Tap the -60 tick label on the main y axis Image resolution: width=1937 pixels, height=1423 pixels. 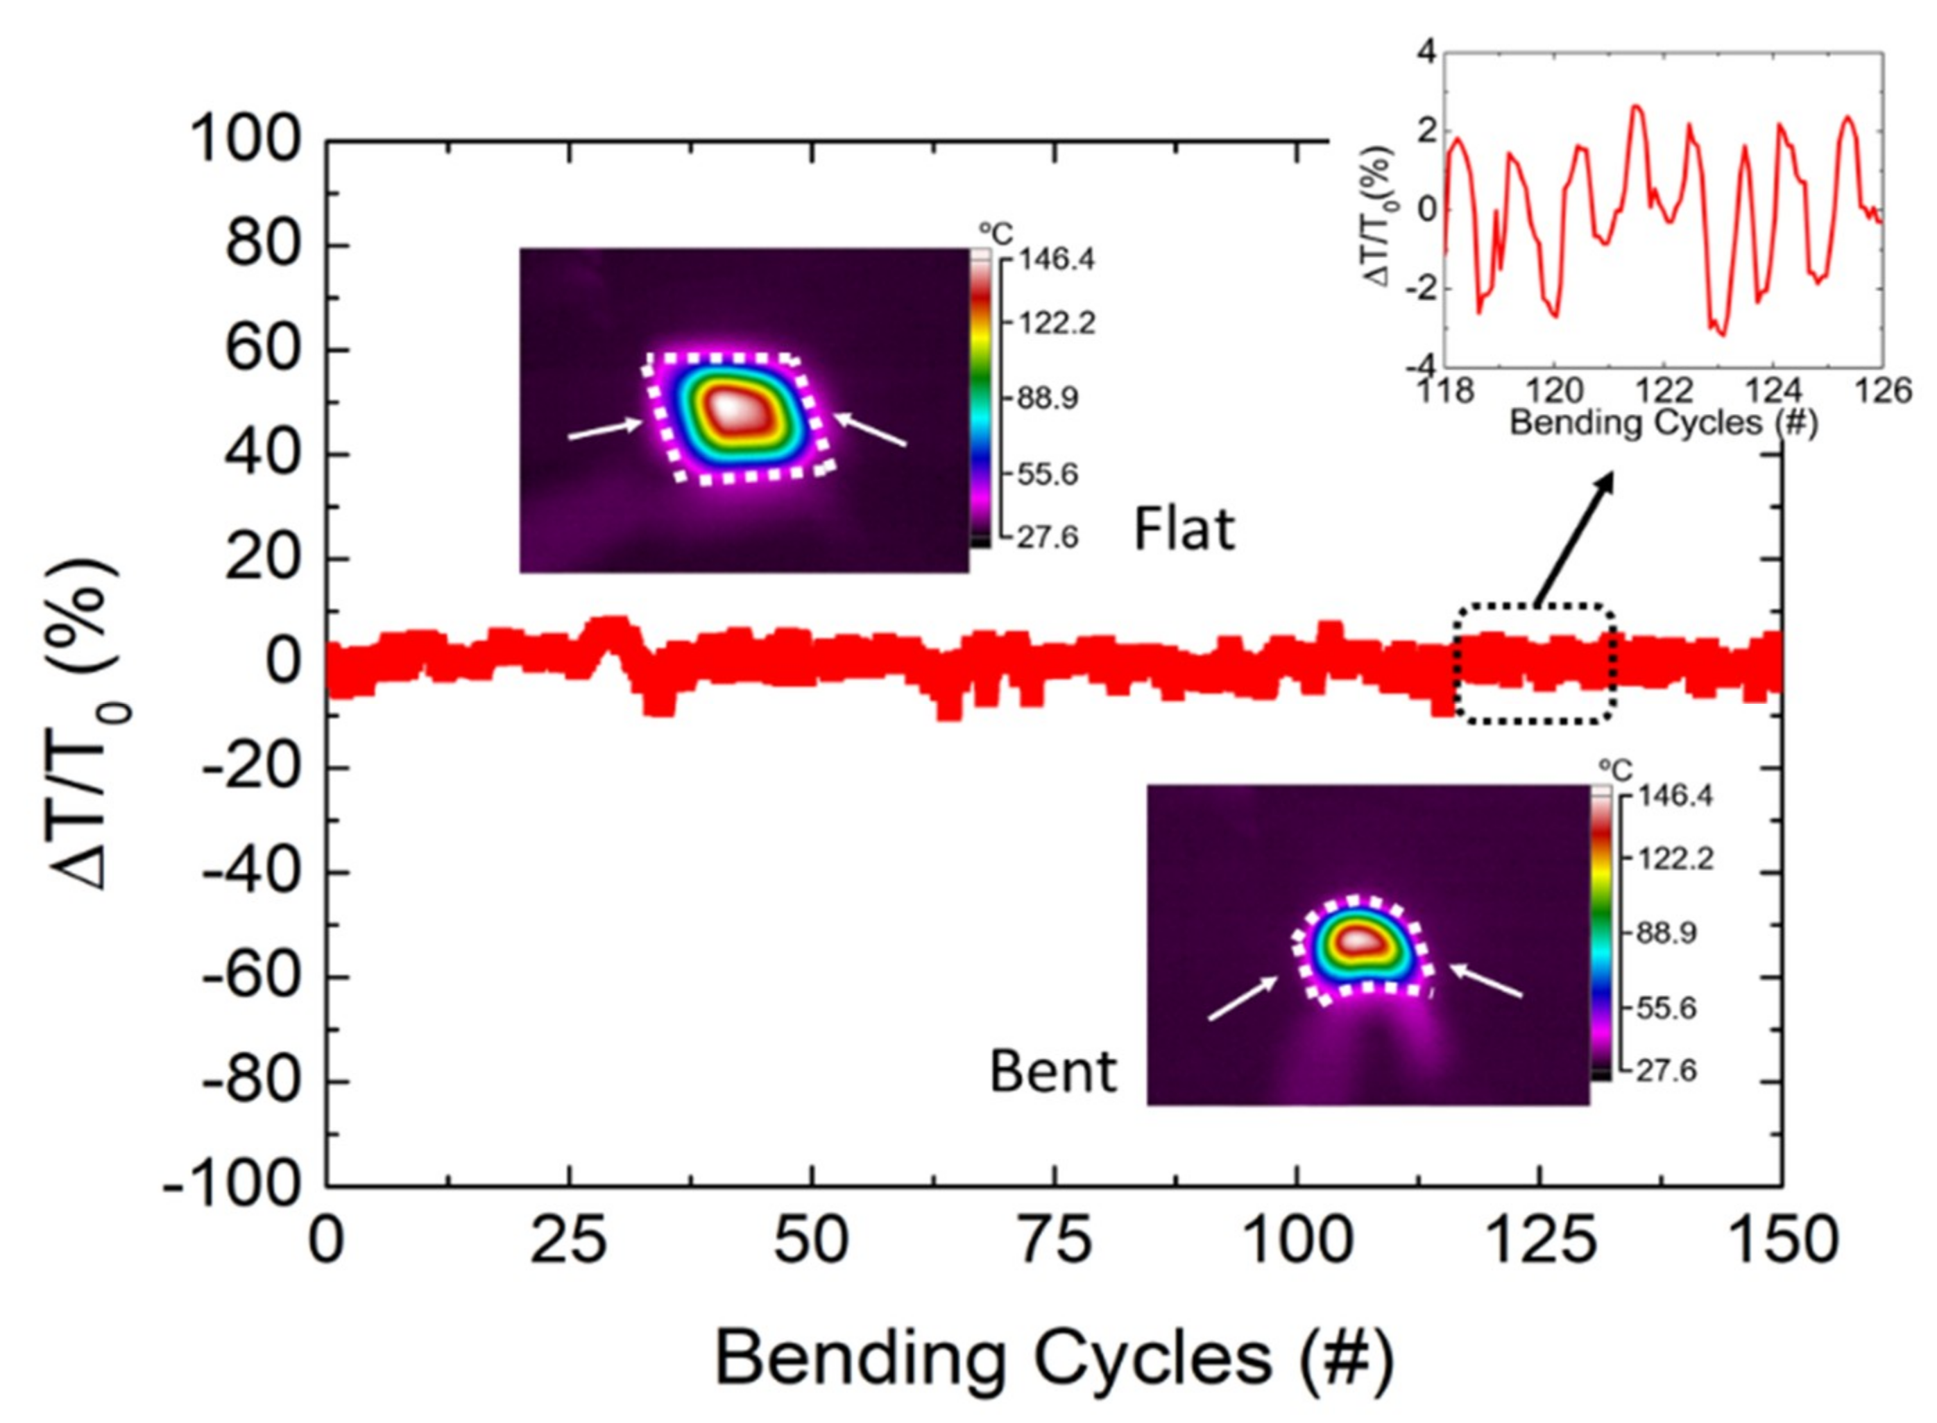(x=250, y=977)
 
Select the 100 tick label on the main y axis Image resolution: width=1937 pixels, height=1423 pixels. (x=245, y=140)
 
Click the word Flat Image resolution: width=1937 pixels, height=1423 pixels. (x=1184, y=529)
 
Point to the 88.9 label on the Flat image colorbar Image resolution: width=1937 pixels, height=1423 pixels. (x=1047, y=399)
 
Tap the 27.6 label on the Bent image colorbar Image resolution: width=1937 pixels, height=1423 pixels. (x=1666, y=1071)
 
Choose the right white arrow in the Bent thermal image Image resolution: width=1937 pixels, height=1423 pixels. (x=1485, y=981)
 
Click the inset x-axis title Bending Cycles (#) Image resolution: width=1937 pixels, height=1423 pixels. (x=1663, y=424)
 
